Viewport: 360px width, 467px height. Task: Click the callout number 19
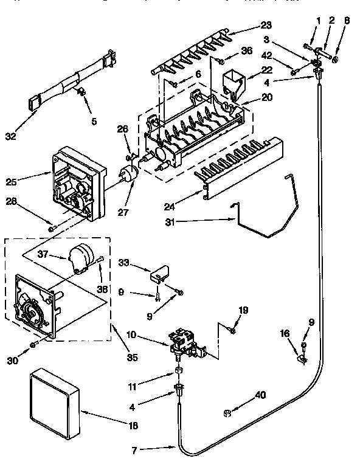point(244,310)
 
